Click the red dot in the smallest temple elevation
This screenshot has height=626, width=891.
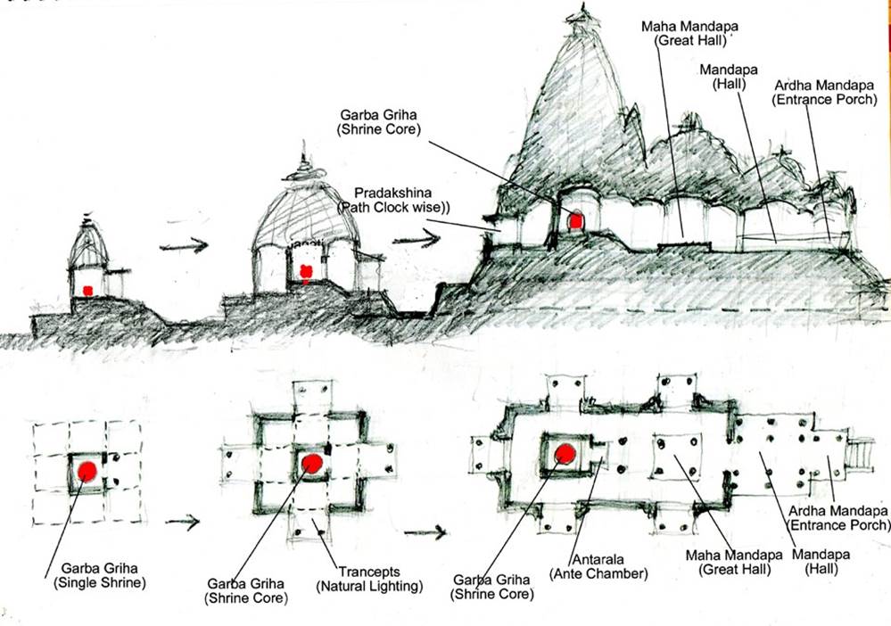(x=87, y=290)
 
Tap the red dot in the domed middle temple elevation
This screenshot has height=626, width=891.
(x=306, y=273)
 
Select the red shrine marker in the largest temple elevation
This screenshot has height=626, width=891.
(x=576, y=219)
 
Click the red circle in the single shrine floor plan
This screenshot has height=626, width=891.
(x=87, y=471)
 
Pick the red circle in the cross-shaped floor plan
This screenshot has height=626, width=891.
(x=311, y=463)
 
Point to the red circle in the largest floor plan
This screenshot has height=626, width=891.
(x=565, y=454)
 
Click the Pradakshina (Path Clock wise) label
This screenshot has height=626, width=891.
(x=393, y=200)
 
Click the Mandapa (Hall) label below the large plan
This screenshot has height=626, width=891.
(x=829, y=560)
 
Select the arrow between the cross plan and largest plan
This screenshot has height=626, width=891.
(x=425, y=533)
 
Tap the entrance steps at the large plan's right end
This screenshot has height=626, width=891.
(x=862, y=453)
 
